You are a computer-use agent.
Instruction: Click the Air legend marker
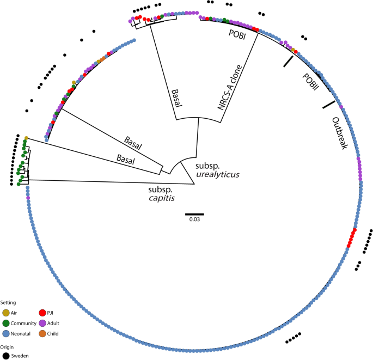point(6,313)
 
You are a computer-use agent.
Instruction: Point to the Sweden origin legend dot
point(6,356)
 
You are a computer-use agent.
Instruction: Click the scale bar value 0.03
point(194,219)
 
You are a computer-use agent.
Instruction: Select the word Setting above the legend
point(8,302)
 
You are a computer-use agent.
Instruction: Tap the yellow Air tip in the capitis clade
point(26,137)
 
